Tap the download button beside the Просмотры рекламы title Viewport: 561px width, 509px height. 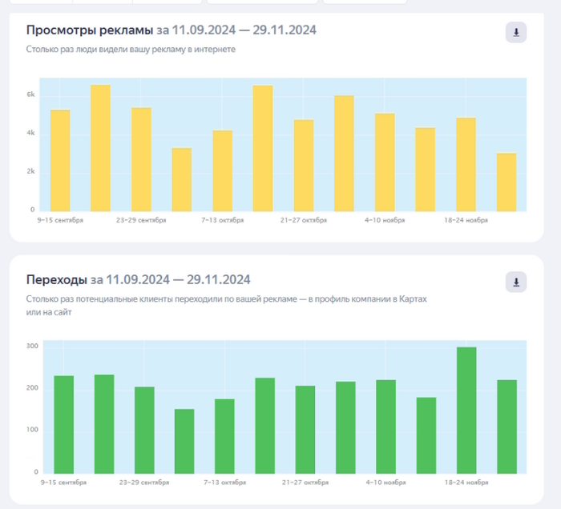516,33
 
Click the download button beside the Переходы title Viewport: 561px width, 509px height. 516,283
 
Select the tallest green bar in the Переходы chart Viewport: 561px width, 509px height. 466,410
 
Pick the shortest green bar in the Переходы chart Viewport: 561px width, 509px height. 184,441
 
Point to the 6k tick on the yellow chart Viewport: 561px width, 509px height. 30,94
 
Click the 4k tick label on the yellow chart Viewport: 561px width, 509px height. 30,133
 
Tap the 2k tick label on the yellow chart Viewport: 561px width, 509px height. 30,171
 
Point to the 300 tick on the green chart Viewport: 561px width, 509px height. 31,346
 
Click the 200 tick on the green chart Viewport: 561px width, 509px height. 31,388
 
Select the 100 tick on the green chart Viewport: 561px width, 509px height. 31,430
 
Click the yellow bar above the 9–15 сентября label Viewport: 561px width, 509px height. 60,160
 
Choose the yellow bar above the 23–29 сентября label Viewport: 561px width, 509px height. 141,159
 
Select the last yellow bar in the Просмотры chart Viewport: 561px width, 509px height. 507,182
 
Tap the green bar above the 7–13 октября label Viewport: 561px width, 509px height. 224,436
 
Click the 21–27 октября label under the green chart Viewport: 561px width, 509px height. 305,483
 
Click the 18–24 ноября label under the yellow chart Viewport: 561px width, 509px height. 466,219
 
